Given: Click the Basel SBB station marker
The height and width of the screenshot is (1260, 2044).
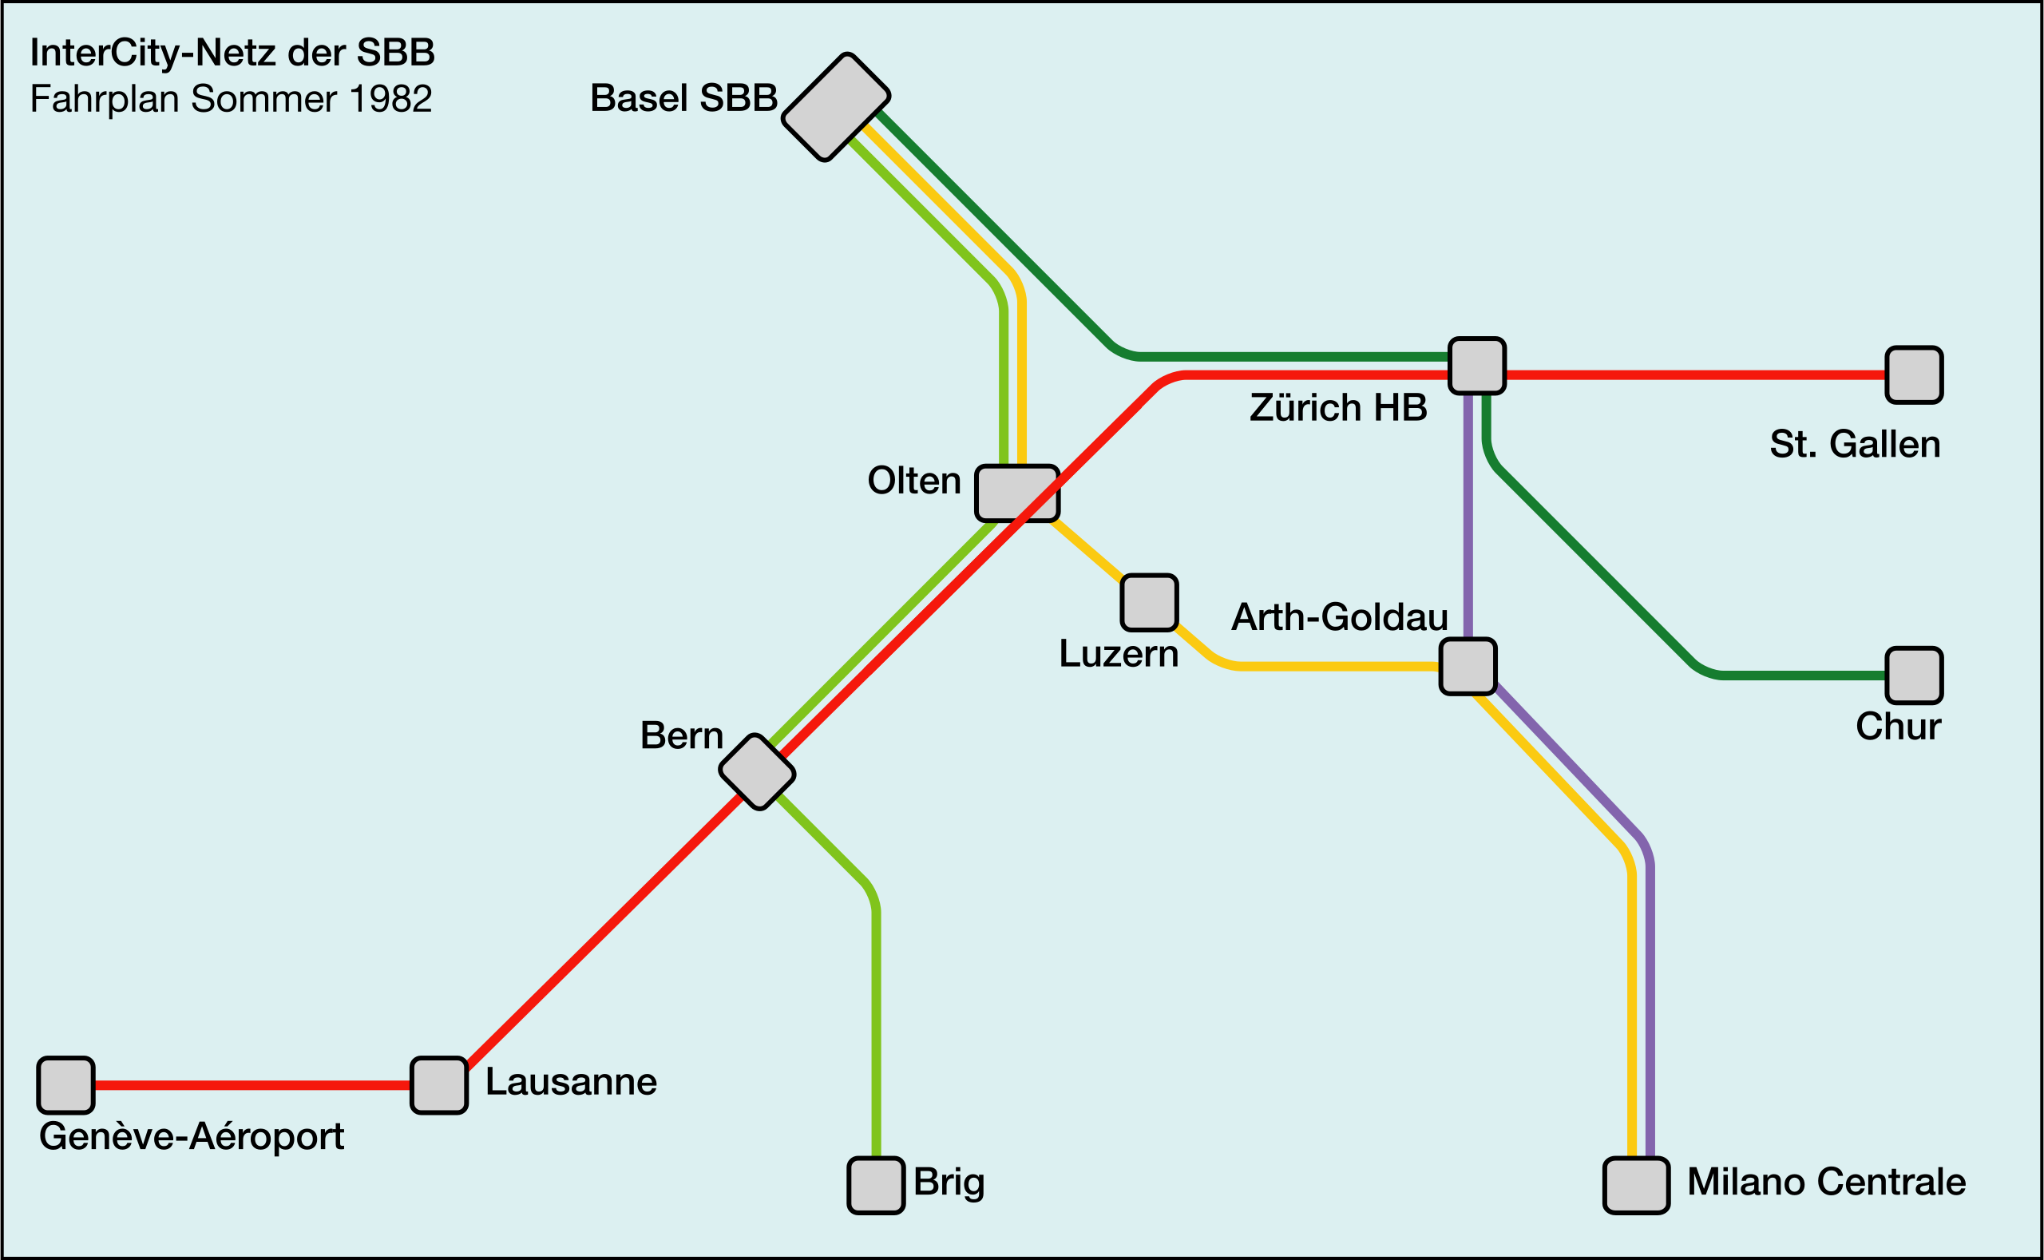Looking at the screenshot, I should pyautogui.click(x=835, y=107).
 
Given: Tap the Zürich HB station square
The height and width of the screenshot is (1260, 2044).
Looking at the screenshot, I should pyautogui.click(x=1476, y=365).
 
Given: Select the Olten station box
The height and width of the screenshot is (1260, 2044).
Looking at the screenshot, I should pyautogui.click(x=1016, y=493).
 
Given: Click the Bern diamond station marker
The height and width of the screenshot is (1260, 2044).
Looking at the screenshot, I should pyautogui.click(x=757, y=771).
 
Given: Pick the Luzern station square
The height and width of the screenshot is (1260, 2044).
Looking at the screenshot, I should pyautogui.click(x=1149, y=602).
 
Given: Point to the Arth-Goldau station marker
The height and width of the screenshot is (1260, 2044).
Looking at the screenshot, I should pyautogui.click(x=1468, y=666).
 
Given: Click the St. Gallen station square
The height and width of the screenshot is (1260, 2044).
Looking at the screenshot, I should pyautogui.click(x=1914, y=374).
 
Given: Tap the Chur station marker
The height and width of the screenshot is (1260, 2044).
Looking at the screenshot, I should pyautogui.click(x=1914, y=675).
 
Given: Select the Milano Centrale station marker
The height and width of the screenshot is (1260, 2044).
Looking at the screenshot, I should pyautogui.click(x=1636, y=1185).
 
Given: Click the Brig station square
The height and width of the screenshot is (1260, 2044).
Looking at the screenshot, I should pyautogui.click(x=876, y=1185).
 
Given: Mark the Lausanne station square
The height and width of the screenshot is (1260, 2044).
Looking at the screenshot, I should pyautogui.click(x=439, y=1085).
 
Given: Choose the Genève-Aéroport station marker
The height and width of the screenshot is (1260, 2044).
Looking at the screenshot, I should pyautogui.click(x=65, y=1085).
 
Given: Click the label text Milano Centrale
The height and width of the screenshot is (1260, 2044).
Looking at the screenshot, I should pyautogui.click(x=1827, y=1182).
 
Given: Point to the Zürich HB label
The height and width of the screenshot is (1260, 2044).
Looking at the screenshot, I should pyautogui.click(x=1338, y=408).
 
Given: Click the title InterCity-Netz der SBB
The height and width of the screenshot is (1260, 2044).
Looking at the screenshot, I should pyautogui.click(x=232, y=53).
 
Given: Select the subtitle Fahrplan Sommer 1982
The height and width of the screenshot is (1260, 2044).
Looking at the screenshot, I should pyautogui.click(x=231, y=98).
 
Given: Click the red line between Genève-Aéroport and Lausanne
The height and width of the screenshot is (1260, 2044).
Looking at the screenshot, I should pyautogui.click(x=250, y=1085).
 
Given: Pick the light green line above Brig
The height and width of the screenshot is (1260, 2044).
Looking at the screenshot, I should pyautogui.click(x=876, y=1042).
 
